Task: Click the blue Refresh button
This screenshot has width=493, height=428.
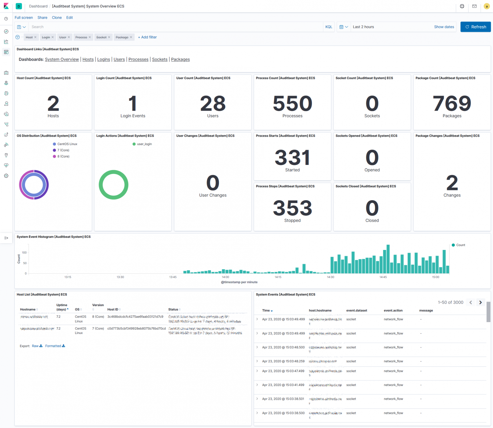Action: click(x=475, y=27)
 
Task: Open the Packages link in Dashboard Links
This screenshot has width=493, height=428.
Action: click(x=180, y=59)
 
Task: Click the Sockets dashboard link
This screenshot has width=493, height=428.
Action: click(x=160, y=59)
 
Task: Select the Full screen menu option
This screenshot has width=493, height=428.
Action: click(x=24, y=18)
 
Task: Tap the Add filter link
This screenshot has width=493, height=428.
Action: click(x=147, y=37)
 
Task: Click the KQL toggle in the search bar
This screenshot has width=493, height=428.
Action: click(x=329, y=27)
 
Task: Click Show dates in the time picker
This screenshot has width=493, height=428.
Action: click(x=444, y=27)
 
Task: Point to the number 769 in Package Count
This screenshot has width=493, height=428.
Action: click(x=452, y=104)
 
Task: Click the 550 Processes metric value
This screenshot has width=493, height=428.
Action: click(x=292, y=104)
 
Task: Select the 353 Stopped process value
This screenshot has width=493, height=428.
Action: click(x=292, y=208)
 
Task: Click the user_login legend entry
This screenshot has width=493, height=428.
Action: click(x=144, y=144)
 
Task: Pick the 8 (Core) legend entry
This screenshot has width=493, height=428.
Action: click(x=63, y=157)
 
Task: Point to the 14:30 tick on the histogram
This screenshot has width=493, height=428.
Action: click(x=330, y=277)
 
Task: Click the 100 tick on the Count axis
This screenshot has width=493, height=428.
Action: click(x=24, y=253)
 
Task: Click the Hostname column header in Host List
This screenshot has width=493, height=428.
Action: click(x=28, y=310)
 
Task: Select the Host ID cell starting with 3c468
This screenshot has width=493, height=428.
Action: click(x=135, y=317)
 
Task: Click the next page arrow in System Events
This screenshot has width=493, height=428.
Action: click(x=480, y=302)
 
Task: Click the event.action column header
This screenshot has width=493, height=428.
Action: click(x=393, y=311)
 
